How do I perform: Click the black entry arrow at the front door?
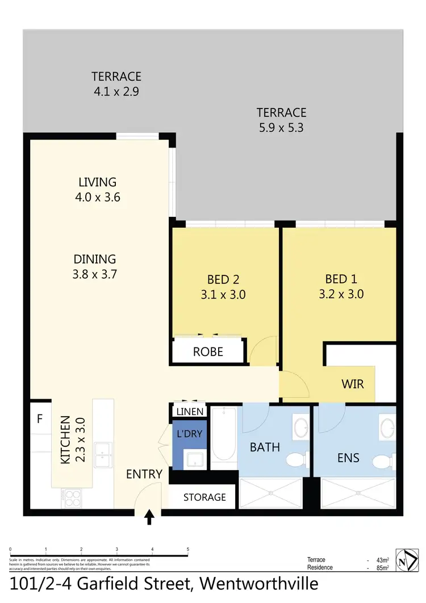click(x=149, y=517)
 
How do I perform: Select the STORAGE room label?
click(x=204, y=497)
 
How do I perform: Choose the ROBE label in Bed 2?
click(x=208, y=351)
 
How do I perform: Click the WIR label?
click(x=352, y=384)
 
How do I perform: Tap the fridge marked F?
click(x=39, y=420)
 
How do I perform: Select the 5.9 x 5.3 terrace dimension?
click(x=281, y=128)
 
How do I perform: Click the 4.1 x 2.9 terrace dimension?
click(x=116, y=91)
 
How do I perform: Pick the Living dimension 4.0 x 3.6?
click(x=97, y=198)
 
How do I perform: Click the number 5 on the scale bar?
click(x=187, y=550)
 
